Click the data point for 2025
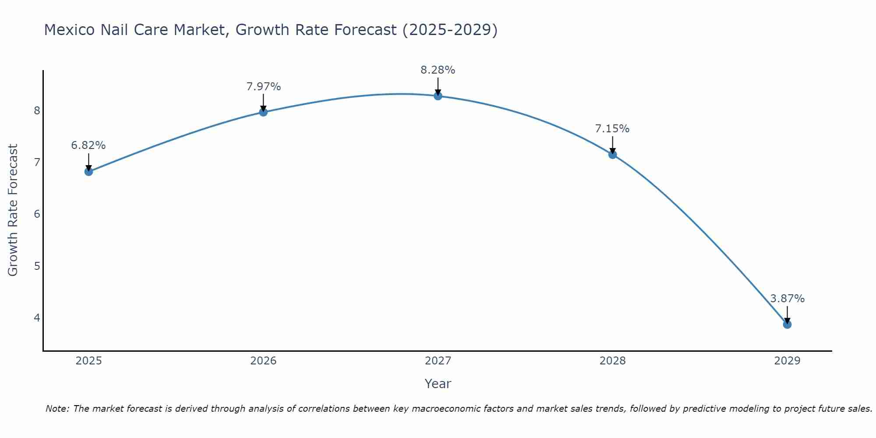(88, 171)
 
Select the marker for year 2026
(263, 112)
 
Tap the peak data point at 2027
(438, 96)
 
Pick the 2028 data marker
(612, 154)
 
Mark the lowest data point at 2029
(787, 324)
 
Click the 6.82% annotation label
(88, 145)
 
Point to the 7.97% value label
(263, 87)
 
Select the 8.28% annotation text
(438, 70)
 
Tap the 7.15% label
(612, 129)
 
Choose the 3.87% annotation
(787, 299)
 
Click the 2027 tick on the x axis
(438, 361)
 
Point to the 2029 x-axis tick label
(787, 361)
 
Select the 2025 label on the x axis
(88, 361)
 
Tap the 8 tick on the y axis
(37, 110)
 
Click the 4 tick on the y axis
(37, 318)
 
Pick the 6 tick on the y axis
(37, 214)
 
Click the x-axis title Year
(438, 384)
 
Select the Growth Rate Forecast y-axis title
(13, 210)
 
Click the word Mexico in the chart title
(69, 30)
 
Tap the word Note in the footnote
(57, 409)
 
